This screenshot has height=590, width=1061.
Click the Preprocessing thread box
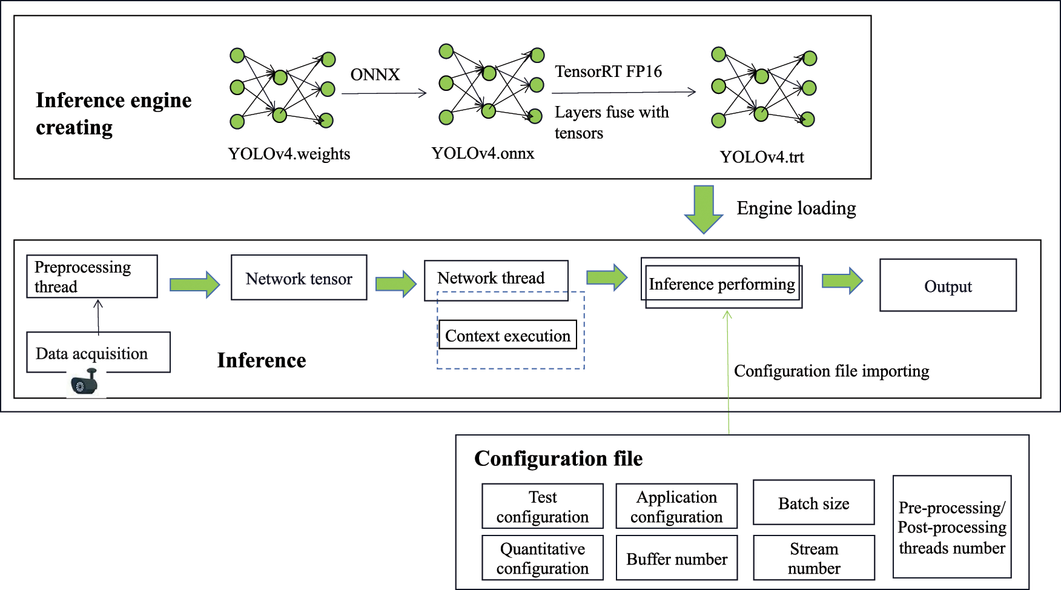point(92,276)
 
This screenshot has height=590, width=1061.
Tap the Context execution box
point(507,335)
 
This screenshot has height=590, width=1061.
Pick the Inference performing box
point(722,283)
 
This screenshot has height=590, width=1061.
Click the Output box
point(948,286)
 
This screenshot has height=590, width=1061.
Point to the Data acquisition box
point(98,353)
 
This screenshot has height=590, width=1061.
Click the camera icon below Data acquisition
point(85,383)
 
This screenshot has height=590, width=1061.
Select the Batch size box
point(813,503)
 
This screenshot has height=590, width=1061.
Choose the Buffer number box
point(676,558)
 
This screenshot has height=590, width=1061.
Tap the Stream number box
point(813,558)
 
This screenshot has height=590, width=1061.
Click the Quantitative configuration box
point(543,558)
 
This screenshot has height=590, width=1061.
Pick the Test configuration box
point(543,506)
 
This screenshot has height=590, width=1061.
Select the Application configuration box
point(676,506)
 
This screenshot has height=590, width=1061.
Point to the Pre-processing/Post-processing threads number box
point(952,527)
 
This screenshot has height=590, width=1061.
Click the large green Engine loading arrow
point(704,210)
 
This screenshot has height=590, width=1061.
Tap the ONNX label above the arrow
point(375,75)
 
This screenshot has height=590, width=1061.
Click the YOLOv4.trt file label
point(762,157)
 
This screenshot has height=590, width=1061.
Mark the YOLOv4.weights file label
point(289,154)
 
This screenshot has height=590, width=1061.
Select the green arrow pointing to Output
point(842,281)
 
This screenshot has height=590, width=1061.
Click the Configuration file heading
point(558,459)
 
